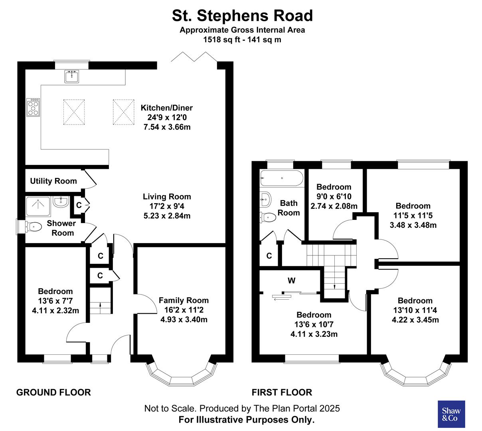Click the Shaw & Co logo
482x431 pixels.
pos(451,415)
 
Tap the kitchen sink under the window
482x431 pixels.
pos(72,76)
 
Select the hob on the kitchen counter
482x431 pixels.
pos(33,107)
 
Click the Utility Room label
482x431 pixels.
pos(53,181)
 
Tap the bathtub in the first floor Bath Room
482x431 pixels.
pos(281,178)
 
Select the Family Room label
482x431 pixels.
pos(184,301)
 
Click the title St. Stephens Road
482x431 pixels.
pos(242,16)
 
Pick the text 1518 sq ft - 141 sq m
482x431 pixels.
pos(242,40)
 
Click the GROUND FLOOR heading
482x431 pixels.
pos(53,392)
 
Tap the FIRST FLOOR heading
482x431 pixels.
pos(282,392)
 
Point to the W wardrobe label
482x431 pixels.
pos(292,281)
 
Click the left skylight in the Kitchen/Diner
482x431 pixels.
pos(74,112)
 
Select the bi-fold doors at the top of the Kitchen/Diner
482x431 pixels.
pos(194,57)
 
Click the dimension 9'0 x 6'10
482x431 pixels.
pos(334,197)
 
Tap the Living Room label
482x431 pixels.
pos(167,196)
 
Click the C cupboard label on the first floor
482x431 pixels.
pos(269,256)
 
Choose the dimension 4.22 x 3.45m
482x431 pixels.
pos(415,320)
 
